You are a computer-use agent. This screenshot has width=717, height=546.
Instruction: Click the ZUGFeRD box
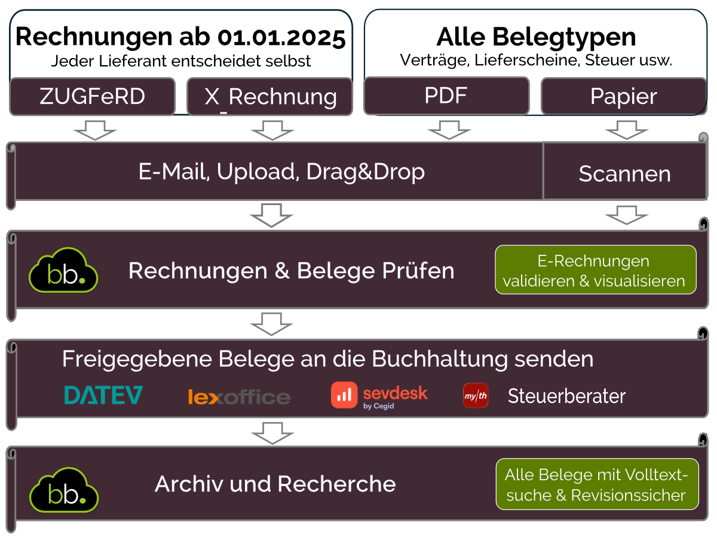pos(92,96)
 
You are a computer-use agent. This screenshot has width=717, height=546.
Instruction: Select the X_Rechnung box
pos(270,96)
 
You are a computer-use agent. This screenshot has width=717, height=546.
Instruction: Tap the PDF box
pos(446,96)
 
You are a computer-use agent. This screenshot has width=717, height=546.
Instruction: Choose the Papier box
pos(623,96)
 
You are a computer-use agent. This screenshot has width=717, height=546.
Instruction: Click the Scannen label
pos(624,174)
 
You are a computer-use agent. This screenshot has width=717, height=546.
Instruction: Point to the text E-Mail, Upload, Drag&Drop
pos(281,172)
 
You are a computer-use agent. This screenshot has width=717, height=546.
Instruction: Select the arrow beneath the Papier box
pos(626,130)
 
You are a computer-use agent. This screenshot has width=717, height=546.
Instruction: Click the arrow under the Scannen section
pos(626,215)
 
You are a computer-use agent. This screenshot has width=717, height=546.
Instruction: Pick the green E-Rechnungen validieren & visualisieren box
pos(595,270)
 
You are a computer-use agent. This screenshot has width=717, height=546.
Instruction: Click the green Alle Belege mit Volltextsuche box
pos(597,484)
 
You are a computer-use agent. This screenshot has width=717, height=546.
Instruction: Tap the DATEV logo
pos(104,395)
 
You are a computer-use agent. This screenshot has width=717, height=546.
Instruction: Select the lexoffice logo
pos(239,397)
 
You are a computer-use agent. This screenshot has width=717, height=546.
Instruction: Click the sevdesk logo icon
pos(344,396)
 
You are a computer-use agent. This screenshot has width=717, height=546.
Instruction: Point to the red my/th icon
pos(476,396)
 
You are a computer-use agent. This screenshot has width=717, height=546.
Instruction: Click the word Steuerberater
pos(566,396)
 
